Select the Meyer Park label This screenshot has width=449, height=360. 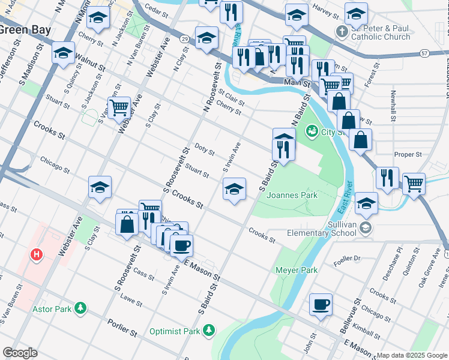pyautogui.click(x=296, y=270)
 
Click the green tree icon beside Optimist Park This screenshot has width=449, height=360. pyautogui.click(x=208, y=330)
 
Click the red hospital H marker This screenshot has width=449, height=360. pyautogui.click(x=37, y=255)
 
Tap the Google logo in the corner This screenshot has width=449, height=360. pyautogui.click(x=20, y=353)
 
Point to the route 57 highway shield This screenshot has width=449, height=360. pyautogui.click(x=424, y=53)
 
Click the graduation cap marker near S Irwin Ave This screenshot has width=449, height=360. pyautogui.click(x=234, y=190)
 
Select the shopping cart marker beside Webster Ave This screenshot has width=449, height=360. pyautogui.click(x=119, y=107)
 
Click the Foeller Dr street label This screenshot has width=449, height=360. pyautogui.click(x=349, y=259)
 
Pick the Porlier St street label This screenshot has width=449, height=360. pyautogui.click(x=123, y=329)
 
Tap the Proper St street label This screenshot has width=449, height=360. pyautogui.click(x=408, y=154)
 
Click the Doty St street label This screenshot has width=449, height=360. pyautogui.click(x=205, y=149)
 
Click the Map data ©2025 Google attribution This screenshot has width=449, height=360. pyautogui.click(x=412, y=355)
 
